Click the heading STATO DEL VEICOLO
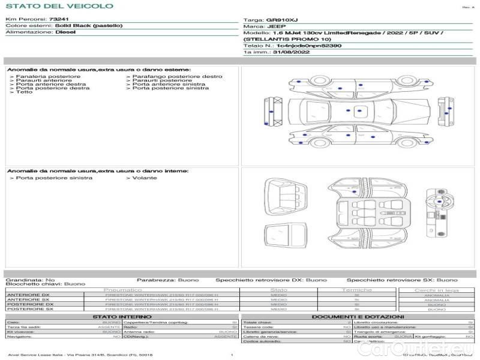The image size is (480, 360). [59, 6]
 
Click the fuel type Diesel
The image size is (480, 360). [65, 32]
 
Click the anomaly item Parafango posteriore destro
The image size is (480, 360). [177, 77]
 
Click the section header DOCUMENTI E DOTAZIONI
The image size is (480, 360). [358, 316]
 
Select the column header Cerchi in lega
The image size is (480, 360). [436, 290]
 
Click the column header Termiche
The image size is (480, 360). [356, 290]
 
